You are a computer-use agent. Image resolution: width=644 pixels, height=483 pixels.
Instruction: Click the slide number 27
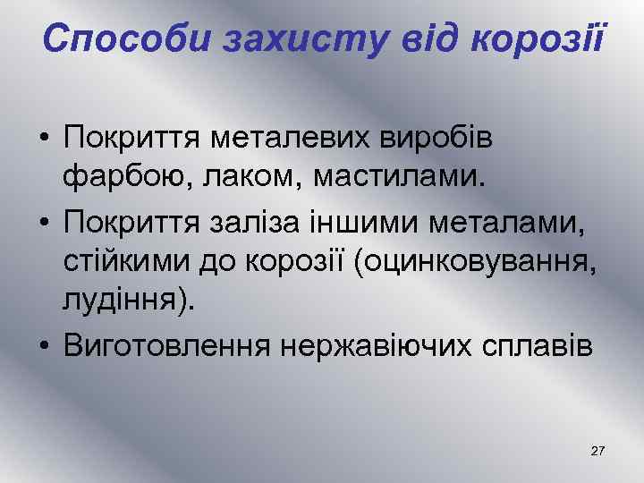(598, 451)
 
